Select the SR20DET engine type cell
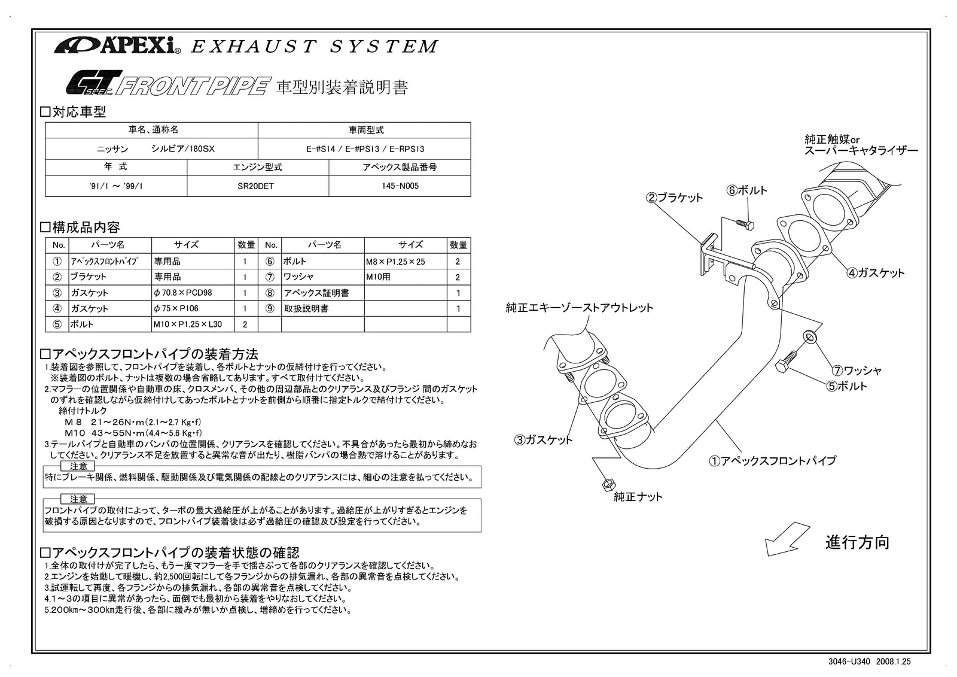(258, 186)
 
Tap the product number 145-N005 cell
(400, 186)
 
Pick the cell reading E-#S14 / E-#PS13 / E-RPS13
(364, 148)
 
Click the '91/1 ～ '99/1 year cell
(115, 186)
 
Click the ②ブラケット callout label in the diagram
(674, 198)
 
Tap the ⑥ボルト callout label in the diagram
(746, 190)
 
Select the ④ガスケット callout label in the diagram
(875, 273)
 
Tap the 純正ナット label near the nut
(638, 497)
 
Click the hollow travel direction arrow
(787, 539)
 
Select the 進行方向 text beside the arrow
(857, 542)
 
